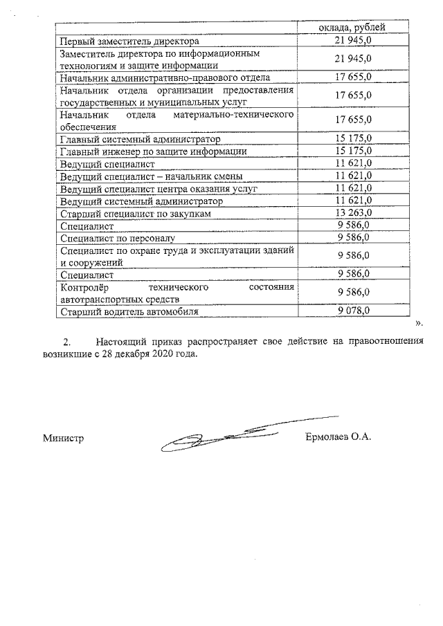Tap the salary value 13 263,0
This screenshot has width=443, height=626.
point(354,213)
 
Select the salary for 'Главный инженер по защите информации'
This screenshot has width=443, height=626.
point(354,151)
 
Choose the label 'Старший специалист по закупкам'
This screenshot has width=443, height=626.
point(135,213)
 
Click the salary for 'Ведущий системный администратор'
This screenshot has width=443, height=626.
point(354,201)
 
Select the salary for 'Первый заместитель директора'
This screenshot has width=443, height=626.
point(354,42)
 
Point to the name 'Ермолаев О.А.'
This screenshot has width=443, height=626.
point(338,437)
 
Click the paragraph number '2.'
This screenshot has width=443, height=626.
point(67,341)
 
